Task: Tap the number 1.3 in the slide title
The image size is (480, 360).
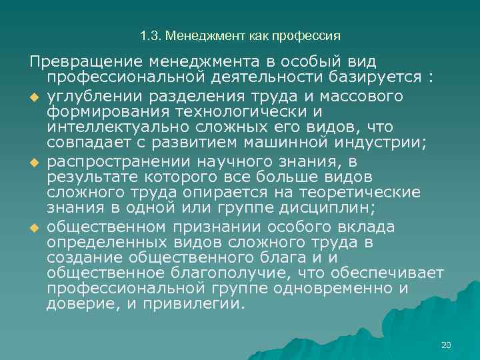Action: (149, 35)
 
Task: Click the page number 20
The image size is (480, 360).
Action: (446, 345)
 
